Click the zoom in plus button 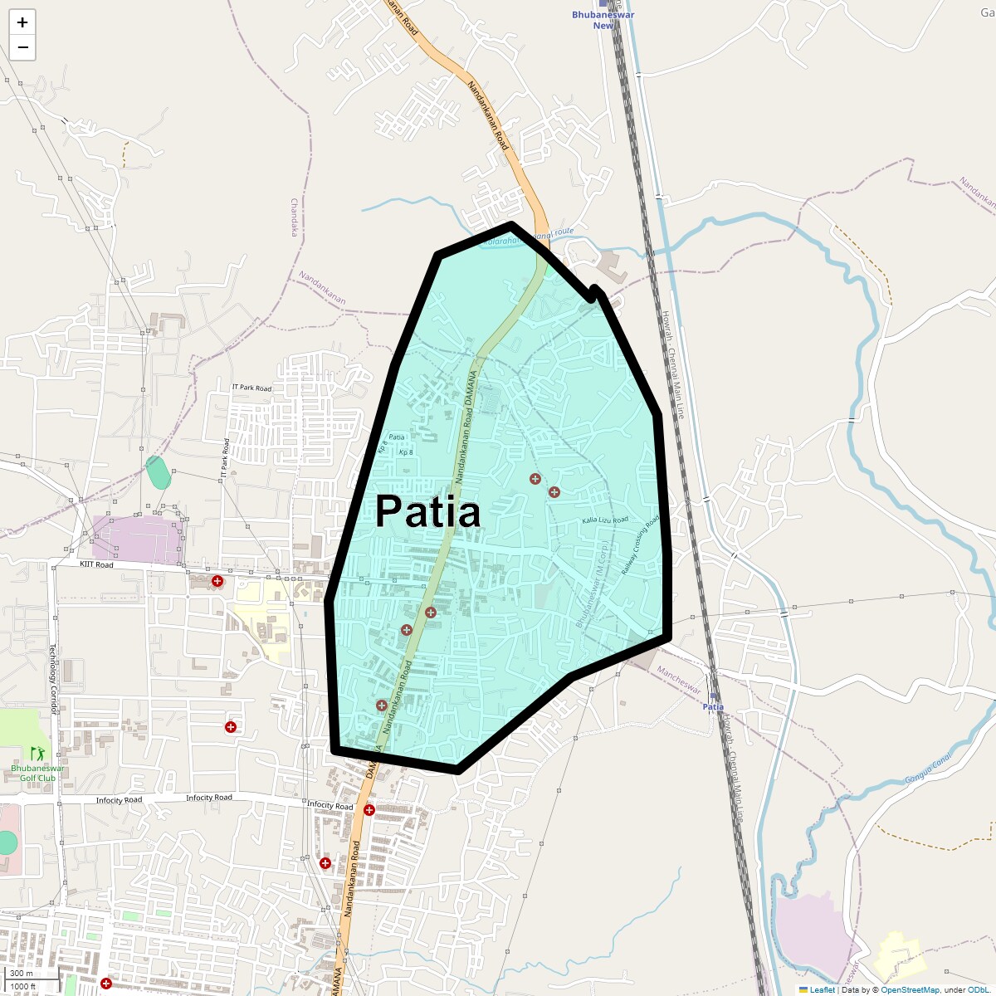pos(22,22)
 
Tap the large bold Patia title pos(427,511)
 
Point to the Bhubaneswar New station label pos(603,20)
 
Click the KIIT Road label pos(96,565)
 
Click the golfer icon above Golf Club pos(37,753)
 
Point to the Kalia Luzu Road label pos(605,520)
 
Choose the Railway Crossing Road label pos(640,545)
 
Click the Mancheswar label pos(680,680)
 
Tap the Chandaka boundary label pos(294,217)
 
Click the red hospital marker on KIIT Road pos(217,581)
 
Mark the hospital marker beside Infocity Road pos(369,810)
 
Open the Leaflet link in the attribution pos(822,990)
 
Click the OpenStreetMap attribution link pos(910,990)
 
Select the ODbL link pos(977,990)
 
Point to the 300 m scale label pos(22,974)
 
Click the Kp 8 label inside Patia pos(406,453)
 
